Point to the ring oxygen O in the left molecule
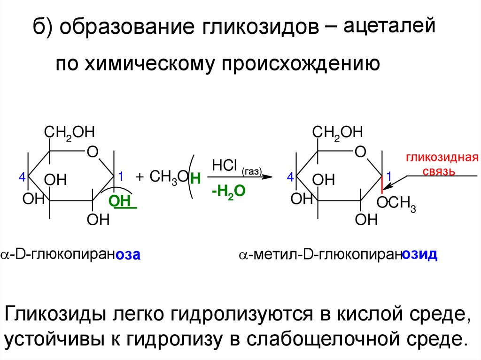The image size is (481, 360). point(92,152)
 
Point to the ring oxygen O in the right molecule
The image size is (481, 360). point(360,152)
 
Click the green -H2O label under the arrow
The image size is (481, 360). point(228,192)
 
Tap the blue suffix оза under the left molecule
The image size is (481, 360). point(129,255)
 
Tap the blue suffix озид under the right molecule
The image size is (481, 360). point(420,255)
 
